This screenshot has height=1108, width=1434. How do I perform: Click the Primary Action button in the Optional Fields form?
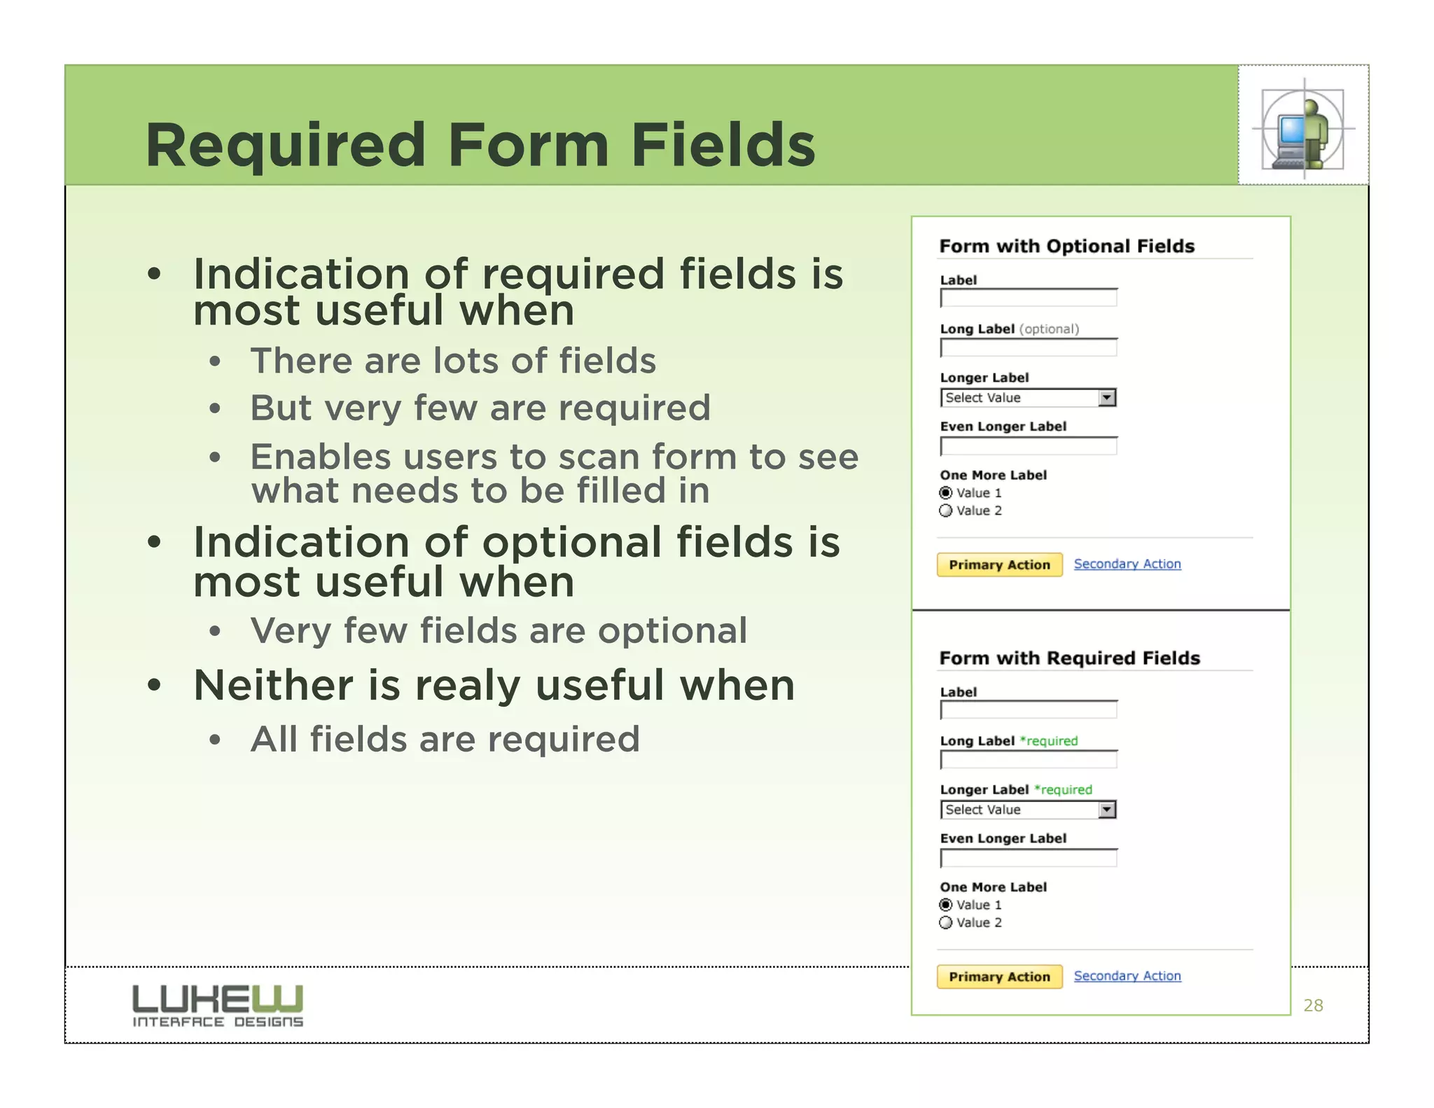[x=999, y=565]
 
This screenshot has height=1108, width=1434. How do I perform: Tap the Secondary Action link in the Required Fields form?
[x=1127, y=976]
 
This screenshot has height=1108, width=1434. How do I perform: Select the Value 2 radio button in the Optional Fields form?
[x=946, y=511]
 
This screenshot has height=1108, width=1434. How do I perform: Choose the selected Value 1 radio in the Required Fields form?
[x=946, y=905]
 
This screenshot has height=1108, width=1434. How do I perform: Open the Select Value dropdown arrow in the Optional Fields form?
[x=1106, y=398]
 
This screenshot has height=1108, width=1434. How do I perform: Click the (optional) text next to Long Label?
[x=1049, y=329]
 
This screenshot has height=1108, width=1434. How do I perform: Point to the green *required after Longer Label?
[x=1063, y=790]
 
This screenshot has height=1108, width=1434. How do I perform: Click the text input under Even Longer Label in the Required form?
[x=1028, y=859]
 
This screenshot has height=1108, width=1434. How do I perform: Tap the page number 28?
[x=1313, y=1006]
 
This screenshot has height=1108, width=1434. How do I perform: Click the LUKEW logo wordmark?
[x=218, y=998]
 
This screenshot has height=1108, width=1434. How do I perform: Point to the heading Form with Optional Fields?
[x=1066, y=247]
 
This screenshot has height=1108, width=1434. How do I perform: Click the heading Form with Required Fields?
[x=1069, y=658]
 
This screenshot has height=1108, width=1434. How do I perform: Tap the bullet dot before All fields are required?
[x=215, y=740]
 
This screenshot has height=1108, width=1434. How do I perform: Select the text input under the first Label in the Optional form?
[x=1028, y=298]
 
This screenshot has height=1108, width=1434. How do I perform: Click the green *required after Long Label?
[x=1049, y=741]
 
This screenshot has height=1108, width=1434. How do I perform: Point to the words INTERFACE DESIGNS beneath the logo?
[x=218, y=1022]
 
